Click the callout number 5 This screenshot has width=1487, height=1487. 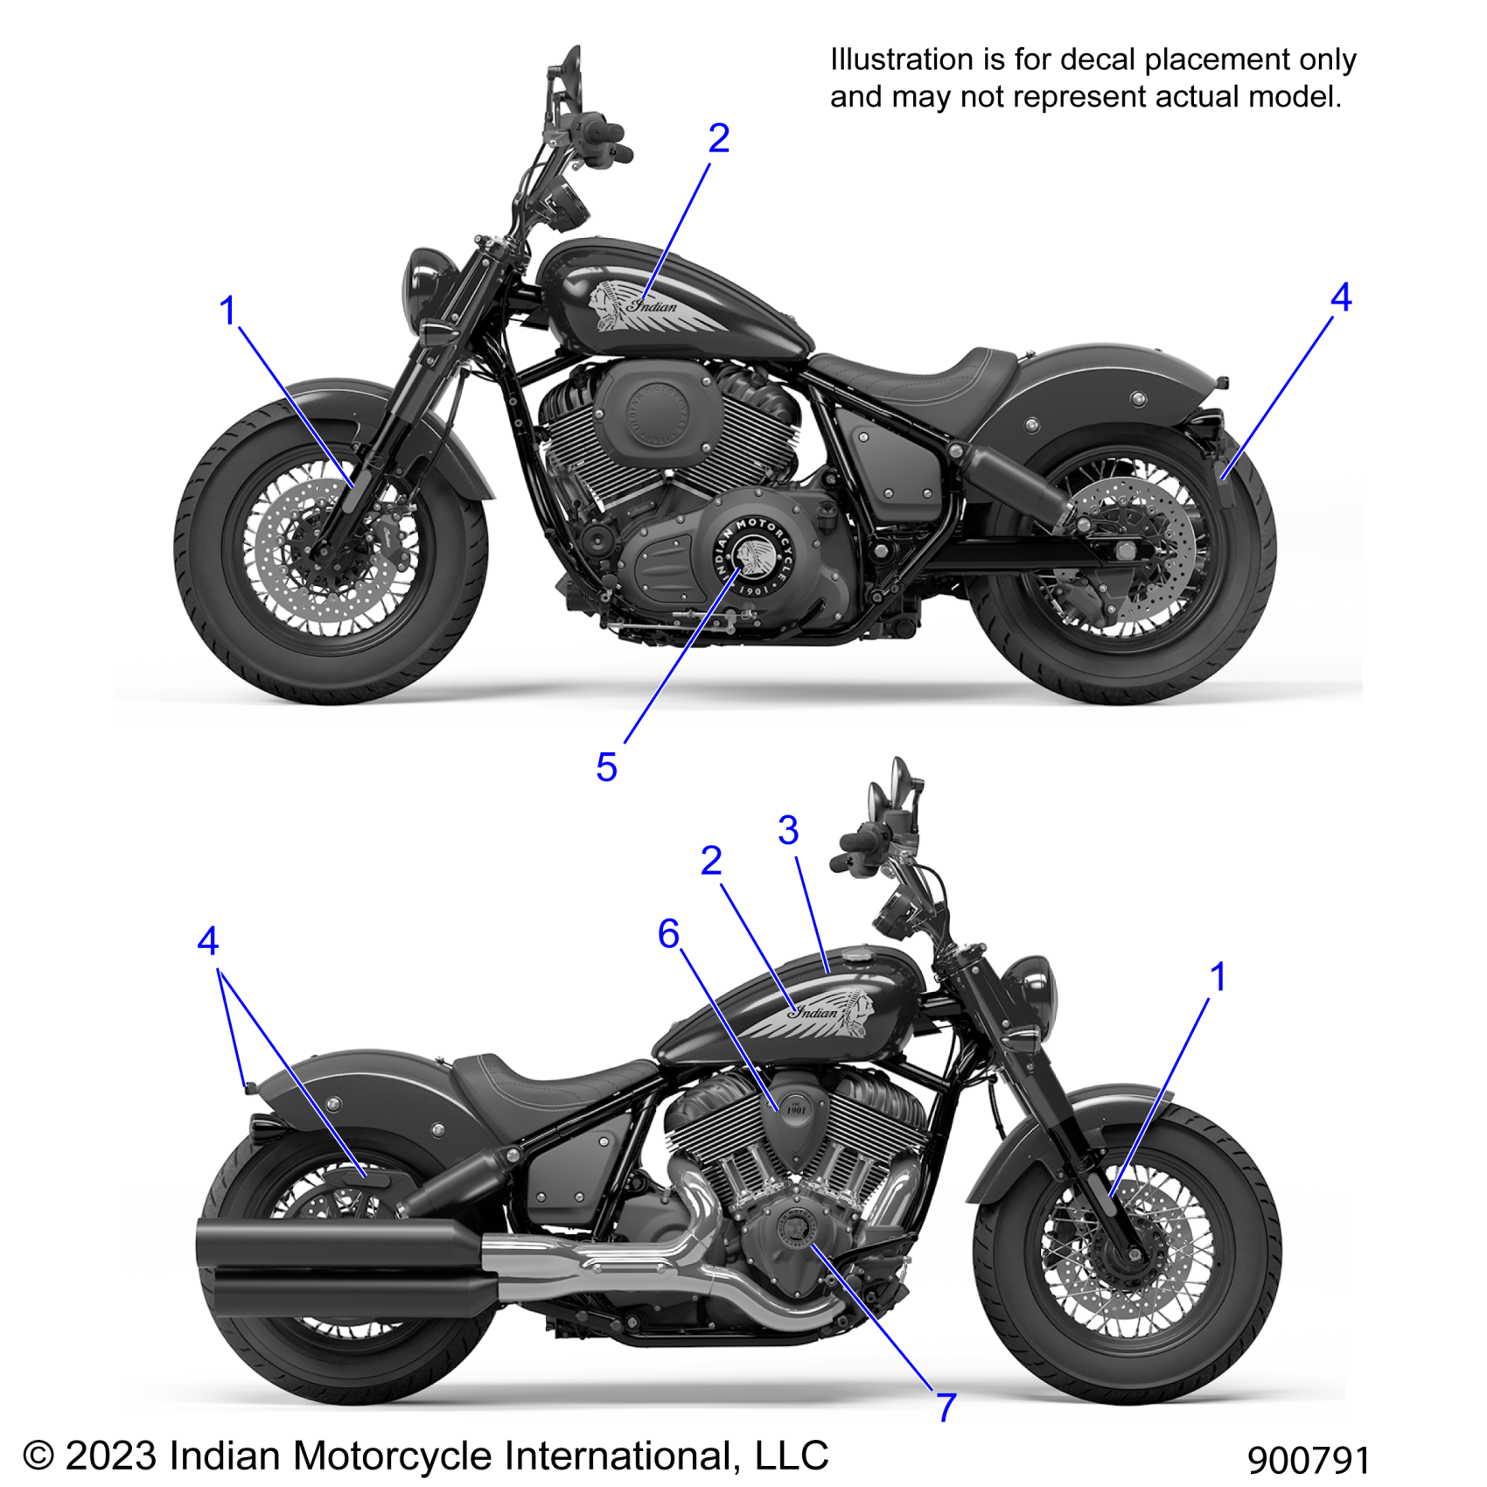606,768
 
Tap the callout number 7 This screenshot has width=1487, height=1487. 946,1407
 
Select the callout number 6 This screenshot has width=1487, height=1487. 668,934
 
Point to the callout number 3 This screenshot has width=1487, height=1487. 788,830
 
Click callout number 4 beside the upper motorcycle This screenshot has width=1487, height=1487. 1340,298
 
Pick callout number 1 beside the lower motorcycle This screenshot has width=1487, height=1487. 1217,977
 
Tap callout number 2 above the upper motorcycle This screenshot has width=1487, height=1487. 718,138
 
